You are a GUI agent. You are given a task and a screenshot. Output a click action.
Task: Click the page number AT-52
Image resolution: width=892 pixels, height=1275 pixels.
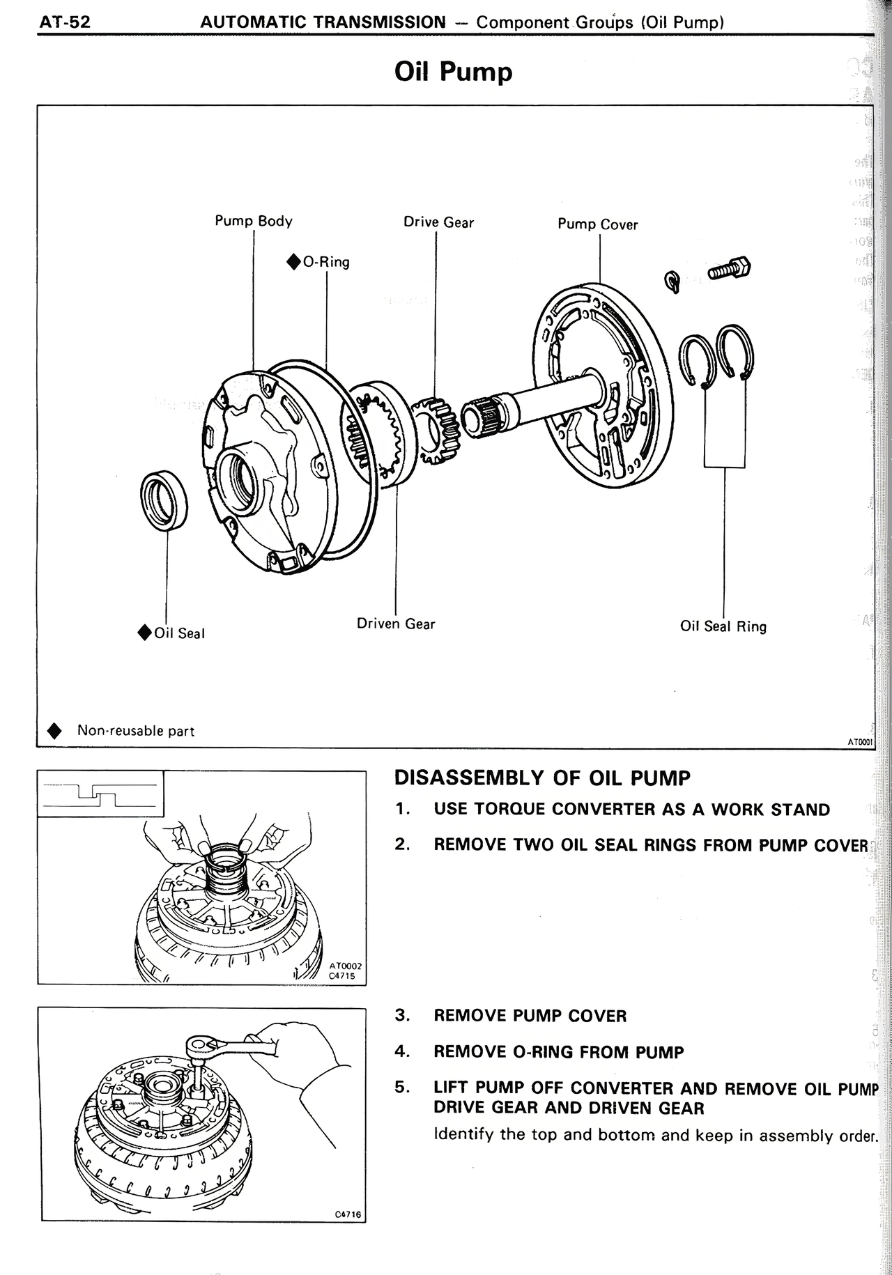pos(65,22)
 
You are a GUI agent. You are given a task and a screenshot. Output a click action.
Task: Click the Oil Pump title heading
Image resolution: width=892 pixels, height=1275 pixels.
pos(453,72)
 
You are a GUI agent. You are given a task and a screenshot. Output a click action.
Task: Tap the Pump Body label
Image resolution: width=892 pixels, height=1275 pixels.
pos(254,221)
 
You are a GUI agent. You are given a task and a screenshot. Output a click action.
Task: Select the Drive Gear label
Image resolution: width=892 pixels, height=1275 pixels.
pos(438,222)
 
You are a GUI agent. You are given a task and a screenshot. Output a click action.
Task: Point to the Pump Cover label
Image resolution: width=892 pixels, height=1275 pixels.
pos(597,224)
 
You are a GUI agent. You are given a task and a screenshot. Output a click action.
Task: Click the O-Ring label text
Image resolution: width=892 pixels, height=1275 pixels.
pos(326,263)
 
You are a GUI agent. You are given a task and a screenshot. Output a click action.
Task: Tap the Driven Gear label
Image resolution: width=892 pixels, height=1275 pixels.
pos(396,624)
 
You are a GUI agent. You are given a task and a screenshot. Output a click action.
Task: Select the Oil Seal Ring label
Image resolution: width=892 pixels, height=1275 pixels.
pos(723,626)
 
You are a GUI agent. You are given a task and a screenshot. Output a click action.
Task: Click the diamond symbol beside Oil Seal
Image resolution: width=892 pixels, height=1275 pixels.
pos(144,633)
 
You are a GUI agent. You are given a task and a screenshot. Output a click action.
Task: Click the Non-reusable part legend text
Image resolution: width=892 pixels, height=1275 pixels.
pos(135,731)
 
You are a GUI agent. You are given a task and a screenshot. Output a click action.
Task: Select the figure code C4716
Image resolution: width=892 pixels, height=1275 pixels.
pos(348,1214)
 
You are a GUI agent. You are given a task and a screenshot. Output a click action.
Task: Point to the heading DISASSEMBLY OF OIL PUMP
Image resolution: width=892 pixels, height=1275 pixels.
pos(542,778)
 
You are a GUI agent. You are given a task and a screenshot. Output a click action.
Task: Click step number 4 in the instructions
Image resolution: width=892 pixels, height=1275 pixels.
pos(401,1051)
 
